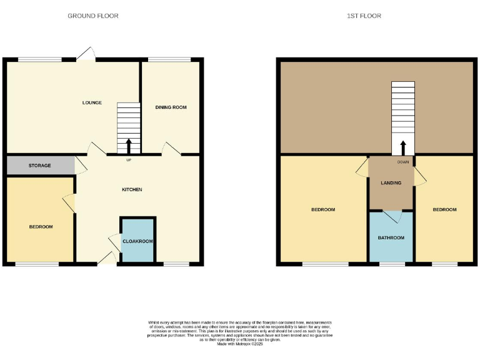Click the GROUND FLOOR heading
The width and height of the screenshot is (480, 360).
(93, 16)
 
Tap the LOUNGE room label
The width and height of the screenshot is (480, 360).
(92, 103)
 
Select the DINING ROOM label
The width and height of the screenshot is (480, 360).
(171, 107)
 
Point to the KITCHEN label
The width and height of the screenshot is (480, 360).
(132, 189)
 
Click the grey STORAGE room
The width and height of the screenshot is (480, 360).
(39, 166)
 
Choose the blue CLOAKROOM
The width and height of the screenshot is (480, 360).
(137, 241)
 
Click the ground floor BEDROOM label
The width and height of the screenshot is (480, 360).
(41, 227)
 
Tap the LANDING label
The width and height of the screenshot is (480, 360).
(391, 182)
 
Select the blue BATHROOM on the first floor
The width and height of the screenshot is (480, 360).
(391, 237)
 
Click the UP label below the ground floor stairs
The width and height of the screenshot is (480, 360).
(129, 159)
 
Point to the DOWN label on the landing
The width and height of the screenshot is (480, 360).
(403, 162)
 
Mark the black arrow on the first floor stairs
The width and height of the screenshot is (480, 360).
(403, 147)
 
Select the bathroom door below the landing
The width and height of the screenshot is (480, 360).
(391, 216)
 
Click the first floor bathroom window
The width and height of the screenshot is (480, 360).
(392, 264)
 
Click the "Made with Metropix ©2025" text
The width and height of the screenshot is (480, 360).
(240, 344)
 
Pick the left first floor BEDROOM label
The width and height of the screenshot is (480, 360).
(323, 209)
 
